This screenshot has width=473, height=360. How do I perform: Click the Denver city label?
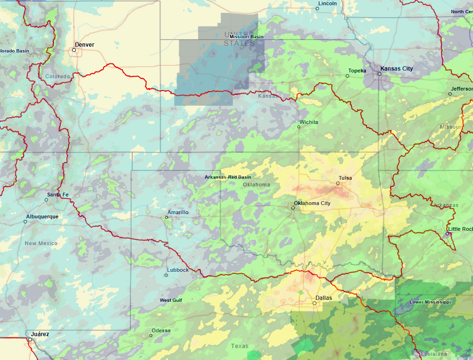[84, 45]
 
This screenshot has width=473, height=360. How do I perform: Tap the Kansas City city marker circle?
[379, 74]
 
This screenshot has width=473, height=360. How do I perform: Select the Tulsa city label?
[345, 178]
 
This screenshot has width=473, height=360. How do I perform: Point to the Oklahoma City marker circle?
[293, 208]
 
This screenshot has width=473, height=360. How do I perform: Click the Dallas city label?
[324, 298]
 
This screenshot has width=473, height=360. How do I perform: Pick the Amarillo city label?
[178, 212]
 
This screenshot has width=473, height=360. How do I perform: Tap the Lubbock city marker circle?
[167, 275]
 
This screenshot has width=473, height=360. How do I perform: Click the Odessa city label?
[161, 330]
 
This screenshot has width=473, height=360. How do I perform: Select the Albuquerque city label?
[42, 216]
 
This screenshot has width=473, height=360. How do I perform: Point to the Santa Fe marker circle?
[46, 200]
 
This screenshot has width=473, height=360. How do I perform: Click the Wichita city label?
[309, 122]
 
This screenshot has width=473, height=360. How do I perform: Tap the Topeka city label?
[357, 71]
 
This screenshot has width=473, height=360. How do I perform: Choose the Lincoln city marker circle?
[318, 9]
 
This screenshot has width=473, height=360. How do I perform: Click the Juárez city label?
[40, 334]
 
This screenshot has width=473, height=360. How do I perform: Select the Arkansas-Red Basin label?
[228, 177]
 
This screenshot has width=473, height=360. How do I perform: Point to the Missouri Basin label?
[246, 37]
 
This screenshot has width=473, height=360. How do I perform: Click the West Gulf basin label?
[171, 300]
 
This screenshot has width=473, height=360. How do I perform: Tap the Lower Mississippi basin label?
[430, 302]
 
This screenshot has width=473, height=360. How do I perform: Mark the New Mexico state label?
[41, 243]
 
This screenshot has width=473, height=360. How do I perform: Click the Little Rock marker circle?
[447, 234]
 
